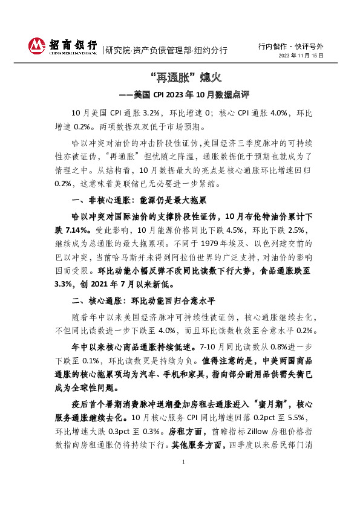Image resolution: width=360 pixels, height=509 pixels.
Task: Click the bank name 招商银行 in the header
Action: coord(73,44)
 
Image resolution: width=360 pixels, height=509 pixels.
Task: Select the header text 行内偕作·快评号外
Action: coord(290,46)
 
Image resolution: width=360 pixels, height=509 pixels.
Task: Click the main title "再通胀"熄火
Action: coord(180,78)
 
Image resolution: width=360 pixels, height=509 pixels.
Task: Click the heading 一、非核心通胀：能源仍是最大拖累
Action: coord(139,199)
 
